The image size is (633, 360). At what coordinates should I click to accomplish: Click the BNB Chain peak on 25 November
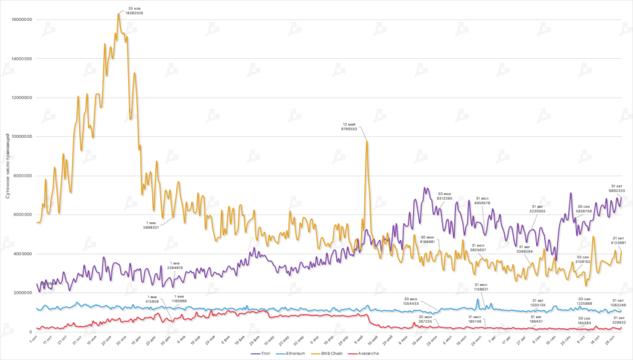point(119,14)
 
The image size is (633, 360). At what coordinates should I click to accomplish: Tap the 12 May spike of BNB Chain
point(367,141)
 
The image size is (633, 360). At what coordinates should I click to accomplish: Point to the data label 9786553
point(349,129)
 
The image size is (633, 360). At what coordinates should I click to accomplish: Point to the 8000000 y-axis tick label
point(21,176)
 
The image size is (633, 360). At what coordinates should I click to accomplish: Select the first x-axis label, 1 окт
point(34,340)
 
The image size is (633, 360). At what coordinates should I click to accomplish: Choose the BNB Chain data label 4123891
point(619,242)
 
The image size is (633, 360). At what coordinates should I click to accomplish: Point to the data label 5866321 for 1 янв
point(151,227)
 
